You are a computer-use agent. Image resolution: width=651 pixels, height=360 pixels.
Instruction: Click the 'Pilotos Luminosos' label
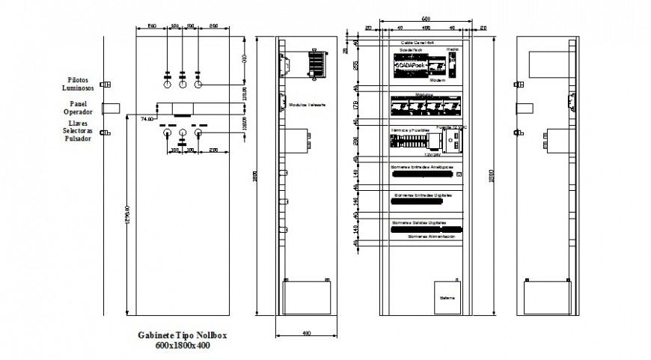coord(78,82)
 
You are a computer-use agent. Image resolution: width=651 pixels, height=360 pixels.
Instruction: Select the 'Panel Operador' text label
coord(78,108)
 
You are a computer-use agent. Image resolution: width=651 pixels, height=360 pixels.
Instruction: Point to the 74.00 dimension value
coord(147,118)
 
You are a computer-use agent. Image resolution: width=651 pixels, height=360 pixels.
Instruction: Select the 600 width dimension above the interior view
coord(424,18)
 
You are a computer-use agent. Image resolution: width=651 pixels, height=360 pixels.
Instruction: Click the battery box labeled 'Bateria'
coord(447,297)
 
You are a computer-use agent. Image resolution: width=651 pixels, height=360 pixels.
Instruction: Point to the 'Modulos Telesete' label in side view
coord(307,106)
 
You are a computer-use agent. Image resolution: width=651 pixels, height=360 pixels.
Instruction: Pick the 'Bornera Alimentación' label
coord(432,235)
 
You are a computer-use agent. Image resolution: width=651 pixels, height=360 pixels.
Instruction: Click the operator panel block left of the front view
coord(111,108)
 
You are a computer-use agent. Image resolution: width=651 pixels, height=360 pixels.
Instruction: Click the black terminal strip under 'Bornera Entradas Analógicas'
coord(423,174)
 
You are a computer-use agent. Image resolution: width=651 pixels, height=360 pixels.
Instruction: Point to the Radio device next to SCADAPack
coord(453,60)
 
